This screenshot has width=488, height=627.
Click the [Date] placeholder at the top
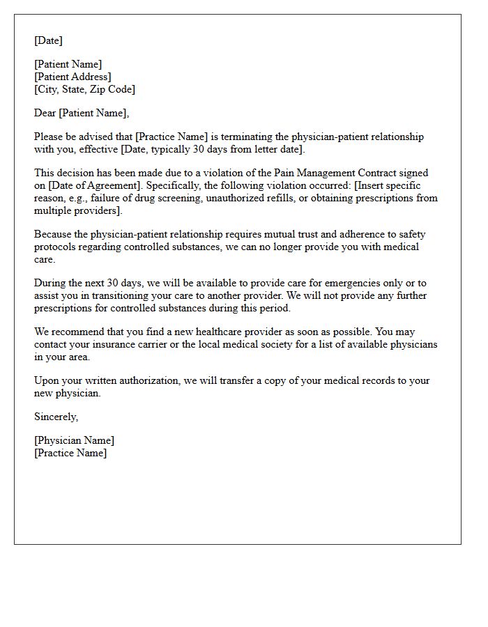click(48, 40)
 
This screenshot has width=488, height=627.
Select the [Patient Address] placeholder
click(73, 77)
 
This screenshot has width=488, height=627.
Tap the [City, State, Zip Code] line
click(84, 89)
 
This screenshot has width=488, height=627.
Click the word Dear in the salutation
click(45, 113)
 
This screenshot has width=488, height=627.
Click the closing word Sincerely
click(56, 417)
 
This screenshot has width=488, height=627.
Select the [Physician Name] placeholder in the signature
click(74, 440)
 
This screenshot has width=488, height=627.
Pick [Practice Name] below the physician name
click(70, 453)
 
